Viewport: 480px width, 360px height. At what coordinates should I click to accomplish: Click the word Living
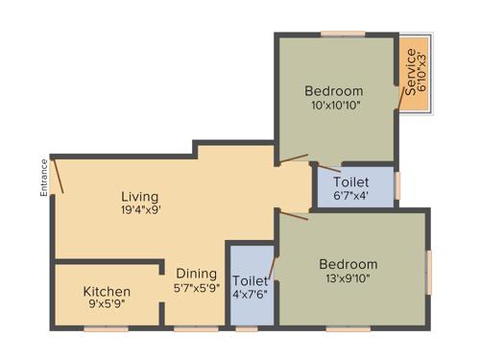pyautogui.click(x=140, y=197)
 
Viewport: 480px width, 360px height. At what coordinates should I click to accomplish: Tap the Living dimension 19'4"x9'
pyautogui.click(x=140, y=210)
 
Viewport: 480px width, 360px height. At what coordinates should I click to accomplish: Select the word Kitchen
pyautogui.click(x=107, y=291)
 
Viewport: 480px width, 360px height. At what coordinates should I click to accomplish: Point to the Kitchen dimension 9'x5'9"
pyautogui.click(x=107, y=304)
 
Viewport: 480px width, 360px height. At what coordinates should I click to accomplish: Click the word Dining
pyautogui.click(x=196, y=272)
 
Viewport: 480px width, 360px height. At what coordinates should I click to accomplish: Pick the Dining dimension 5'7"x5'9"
pyautogui.click(x=196, y=286)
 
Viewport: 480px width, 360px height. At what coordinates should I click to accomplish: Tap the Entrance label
pyautogui.click(x=44, y=178)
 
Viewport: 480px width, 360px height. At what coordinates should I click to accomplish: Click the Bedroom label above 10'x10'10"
pyautogui.click(x=334, y=92)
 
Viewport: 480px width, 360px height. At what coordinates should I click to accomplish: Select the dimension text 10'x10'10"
pyautogui.click(x=334, y=106)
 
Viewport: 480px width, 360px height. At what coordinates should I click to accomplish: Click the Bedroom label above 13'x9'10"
pyautogui.click(x=348, y=264)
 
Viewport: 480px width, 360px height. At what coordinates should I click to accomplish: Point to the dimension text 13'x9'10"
pyautogui.click(x=348, y=278)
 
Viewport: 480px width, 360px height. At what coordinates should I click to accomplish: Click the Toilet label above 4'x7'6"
pyautogui.click(x=249, y=281)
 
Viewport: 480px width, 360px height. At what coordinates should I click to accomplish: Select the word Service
pyautogui.click(x=411, y=72)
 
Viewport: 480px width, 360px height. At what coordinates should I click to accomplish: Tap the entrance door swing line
pyautogui.click(x=58, y=175)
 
